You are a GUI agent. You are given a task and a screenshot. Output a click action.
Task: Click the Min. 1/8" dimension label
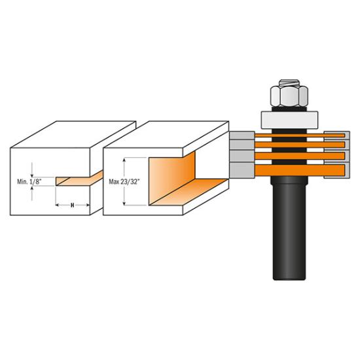pos(29,182)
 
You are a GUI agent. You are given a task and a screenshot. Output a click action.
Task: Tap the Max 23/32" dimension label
pos(124,182)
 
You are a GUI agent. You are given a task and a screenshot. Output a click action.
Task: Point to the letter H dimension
pos(72,206)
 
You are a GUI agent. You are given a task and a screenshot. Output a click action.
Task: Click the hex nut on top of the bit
pos(289,96)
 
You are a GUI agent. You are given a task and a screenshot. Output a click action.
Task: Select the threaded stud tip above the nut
pos(289,82)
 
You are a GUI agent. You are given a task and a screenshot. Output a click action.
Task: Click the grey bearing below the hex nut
pos(289,120)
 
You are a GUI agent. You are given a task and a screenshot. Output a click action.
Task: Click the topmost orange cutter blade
pos(300,135)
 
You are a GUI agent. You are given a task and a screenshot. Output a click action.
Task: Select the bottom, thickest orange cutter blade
pos(300,170)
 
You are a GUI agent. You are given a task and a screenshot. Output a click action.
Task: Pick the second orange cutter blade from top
pos(300,145)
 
